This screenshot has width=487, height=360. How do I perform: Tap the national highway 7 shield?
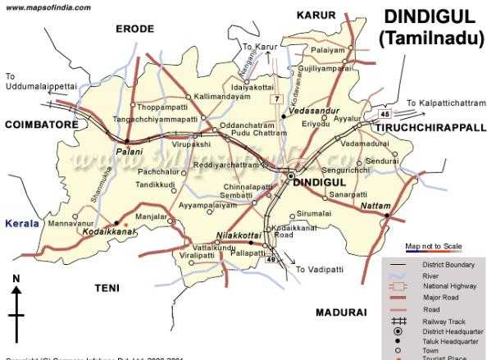point(278,99)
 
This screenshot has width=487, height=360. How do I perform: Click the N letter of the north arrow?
point(16,280)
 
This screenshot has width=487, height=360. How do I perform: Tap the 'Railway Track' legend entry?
point(439,324)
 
